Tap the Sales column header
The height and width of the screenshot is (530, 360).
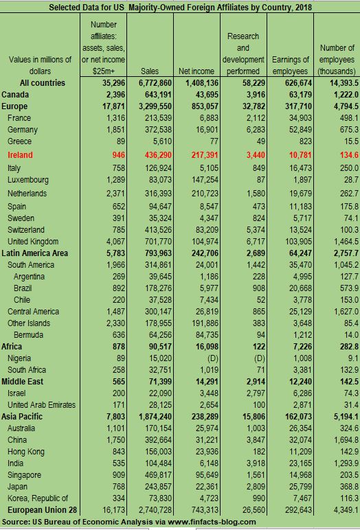(149, 71)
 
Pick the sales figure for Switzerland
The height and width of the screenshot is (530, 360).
(154, 229)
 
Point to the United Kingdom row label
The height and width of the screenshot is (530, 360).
(37, 242)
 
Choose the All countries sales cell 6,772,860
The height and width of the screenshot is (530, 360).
(152, 82)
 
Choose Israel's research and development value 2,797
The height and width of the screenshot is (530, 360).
(247, 393)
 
